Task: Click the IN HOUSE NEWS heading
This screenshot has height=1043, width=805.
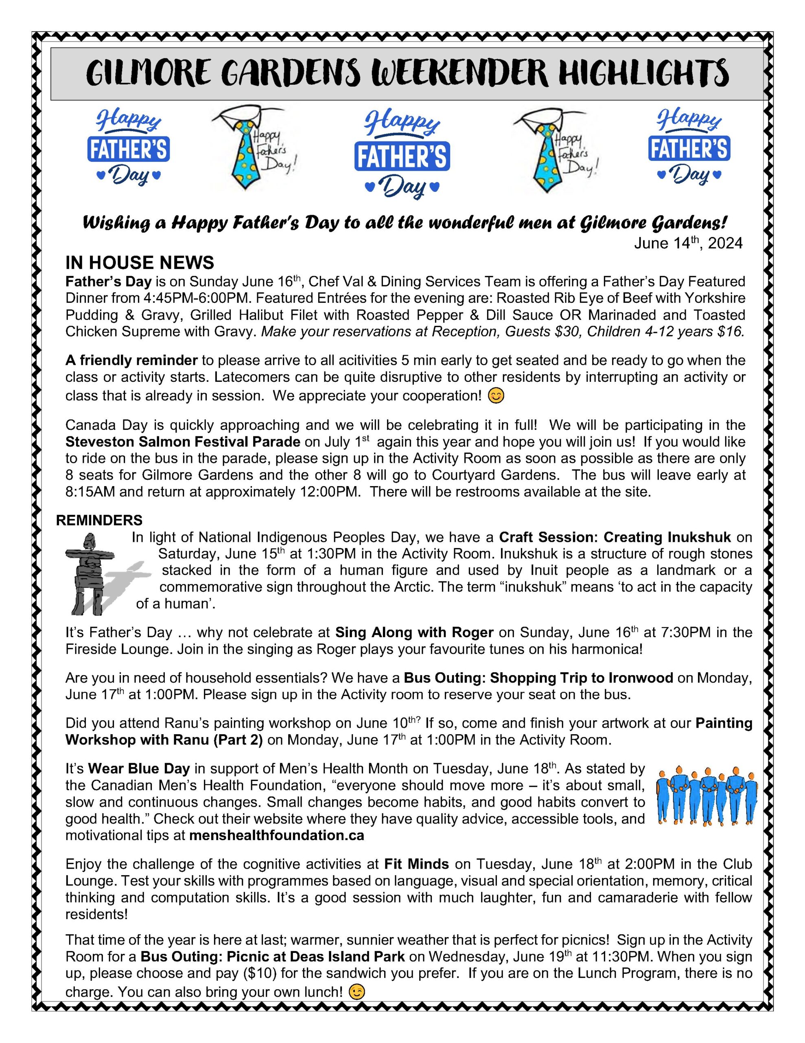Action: click(140, 263)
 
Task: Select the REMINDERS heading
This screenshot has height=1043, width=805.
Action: click(99, 520)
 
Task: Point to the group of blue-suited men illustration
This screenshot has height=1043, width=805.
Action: click(706, 795)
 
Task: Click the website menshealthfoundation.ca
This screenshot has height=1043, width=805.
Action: click(277, 836)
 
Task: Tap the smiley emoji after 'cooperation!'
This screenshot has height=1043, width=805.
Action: click(496, 396)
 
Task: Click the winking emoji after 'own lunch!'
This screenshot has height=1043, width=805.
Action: click(357, 992)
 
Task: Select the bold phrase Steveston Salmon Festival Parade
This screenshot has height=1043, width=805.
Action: click(183, 442)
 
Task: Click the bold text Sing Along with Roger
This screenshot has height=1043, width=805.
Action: click(414, 632)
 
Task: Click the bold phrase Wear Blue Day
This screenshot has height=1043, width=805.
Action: click(139, 769)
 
